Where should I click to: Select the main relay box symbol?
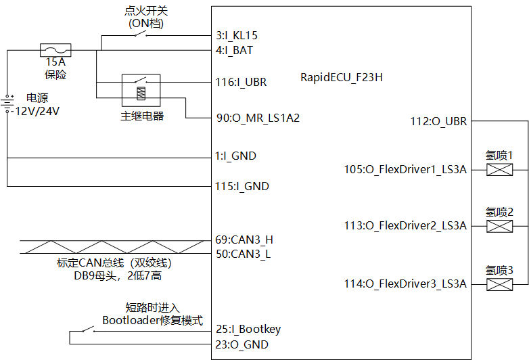click(141, 91)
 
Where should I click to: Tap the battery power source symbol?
click(7, 104)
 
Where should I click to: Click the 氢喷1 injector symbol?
click(499, 171)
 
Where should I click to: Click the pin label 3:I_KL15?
click(236, 35)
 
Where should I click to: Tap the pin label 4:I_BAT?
click(234, 49)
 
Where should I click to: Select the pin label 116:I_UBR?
click(241, 83)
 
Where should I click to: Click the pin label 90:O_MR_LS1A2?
click(257, 118)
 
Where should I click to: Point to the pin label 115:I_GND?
click(241, 186)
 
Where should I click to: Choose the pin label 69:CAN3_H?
click(244, 240)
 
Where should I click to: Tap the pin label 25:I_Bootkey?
click(248, 330)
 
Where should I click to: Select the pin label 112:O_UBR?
click(438, 122)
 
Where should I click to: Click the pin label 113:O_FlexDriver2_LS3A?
click(405, 226)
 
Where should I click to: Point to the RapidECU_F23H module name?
click(342, 77)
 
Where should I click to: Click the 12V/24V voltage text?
click(38, 111)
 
